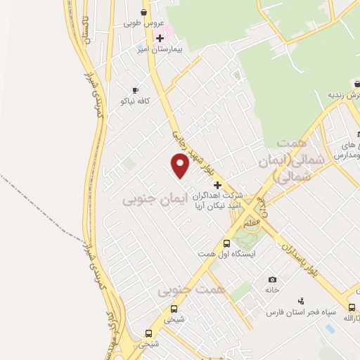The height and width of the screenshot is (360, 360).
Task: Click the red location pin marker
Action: (181, 165)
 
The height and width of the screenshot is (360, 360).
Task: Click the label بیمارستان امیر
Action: (162, 51)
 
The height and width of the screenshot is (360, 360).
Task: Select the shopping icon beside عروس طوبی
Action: (144, 12)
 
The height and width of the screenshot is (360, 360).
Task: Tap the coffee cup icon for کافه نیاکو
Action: (135, 90)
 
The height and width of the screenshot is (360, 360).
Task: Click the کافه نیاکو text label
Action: (135, 102)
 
